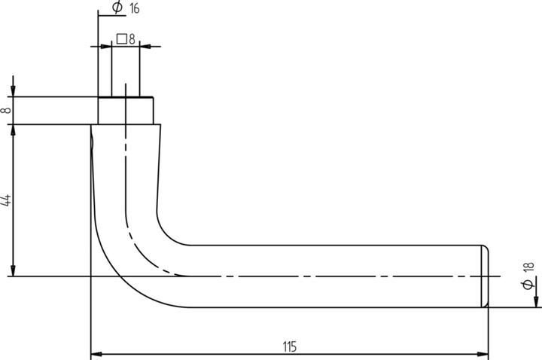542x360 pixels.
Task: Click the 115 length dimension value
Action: [289, 346]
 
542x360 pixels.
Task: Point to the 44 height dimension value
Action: [7, 201]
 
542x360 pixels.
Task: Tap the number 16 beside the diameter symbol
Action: [135, 8]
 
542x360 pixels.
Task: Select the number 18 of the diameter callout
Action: [528, 267]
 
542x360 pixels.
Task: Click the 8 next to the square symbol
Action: [132, 39]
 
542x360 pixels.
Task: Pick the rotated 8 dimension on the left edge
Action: [6, 111]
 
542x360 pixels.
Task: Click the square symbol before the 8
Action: [121, 38]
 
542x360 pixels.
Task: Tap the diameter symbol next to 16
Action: [117, 7]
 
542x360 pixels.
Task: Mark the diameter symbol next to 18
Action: [528, 284]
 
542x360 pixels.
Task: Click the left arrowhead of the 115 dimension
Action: [96, 354]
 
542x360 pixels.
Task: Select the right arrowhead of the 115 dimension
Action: [483, 354]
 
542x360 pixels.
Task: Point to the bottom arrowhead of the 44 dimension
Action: [13, 271]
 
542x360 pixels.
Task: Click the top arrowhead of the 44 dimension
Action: [13, 130]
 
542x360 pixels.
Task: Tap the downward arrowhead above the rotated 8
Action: [13, 91]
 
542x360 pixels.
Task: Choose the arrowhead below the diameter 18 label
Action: [536, 301]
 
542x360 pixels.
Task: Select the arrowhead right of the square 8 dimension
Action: [145, 47]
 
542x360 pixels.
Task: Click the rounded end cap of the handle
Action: [485, 276]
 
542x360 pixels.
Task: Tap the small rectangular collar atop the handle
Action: [126, 111]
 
